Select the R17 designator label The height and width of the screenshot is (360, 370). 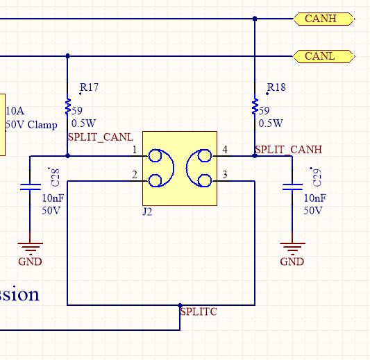point(89,87)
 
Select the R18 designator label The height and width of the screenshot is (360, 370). point(276,87)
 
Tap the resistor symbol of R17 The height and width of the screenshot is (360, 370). point(67,108)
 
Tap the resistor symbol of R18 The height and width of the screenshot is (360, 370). point(255,108)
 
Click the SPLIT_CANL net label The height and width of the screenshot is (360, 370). point(100,137)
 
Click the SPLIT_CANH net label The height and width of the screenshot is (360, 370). point(288,149)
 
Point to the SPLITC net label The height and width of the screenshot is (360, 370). point(199,312)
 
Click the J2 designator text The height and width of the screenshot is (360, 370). point(147,212)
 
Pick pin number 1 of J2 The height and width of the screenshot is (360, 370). point(135,150)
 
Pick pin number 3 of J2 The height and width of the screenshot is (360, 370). point(224,175)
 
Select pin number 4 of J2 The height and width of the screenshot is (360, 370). point(224,150)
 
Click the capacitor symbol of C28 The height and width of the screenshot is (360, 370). point(30,187)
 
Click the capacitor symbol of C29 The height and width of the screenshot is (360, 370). point(292,187)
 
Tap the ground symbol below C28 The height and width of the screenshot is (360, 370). point(30,248)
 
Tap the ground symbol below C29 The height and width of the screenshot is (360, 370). point(292,248)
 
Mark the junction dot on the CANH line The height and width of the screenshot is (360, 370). point(255,19)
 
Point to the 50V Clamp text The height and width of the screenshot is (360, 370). point(31,126)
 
